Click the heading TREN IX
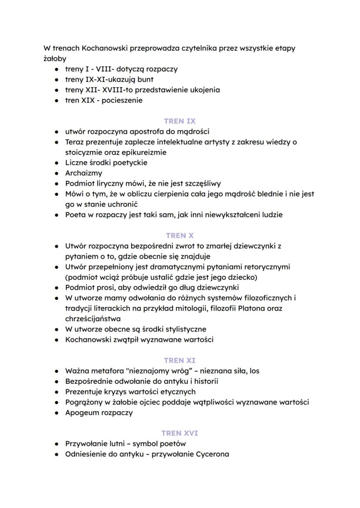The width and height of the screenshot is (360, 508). tap(180, 121)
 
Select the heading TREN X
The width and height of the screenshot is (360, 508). tap(180, 236)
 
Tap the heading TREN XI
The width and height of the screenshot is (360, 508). tap(180, 360)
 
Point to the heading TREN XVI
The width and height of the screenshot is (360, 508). tap(180, 433)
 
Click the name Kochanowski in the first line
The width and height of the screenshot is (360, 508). tap(96, 48)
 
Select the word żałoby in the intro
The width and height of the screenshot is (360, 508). tap(55, 59)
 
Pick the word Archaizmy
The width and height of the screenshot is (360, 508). tap(83, 173)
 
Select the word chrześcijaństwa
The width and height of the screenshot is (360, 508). tap(92, 319)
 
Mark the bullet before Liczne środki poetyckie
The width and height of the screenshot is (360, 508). tap(57, 163)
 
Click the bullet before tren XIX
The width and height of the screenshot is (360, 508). tap(57, 100)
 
